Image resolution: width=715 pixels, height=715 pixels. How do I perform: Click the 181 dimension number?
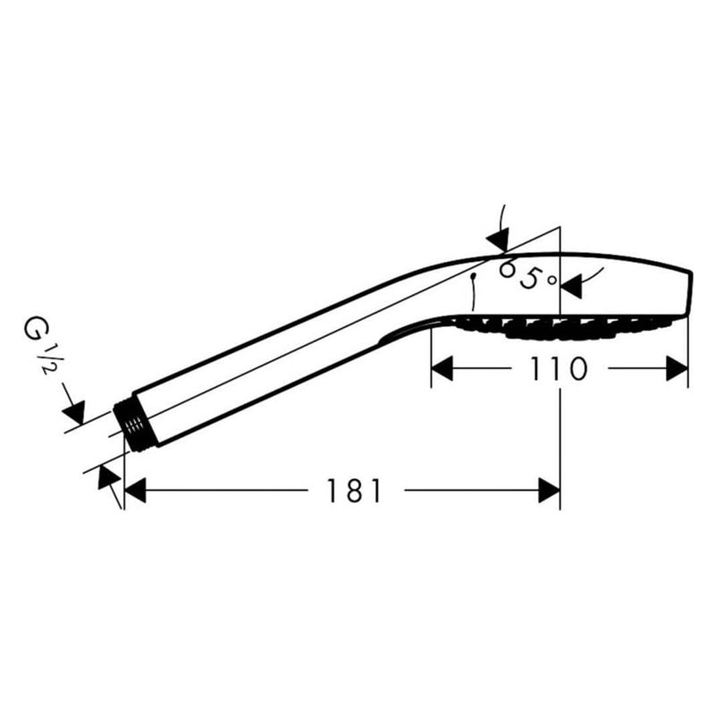point(354,491)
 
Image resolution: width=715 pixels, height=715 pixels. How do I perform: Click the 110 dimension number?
point(558,369)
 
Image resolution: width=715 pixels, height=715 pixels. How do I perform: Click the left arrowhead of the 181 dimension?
point(135,491)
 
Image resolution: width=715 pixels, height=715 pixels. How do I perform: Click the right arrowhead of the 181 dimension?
point(549,491)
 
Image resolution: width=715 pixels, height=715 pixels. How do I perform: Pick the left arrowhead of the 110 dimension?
point(442,369)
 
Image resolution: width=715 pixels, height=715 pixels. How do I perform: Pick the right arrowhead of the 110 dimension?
point(677,369)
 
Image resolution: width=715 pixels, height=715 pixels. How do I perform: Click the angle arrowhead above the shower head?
point(498,240)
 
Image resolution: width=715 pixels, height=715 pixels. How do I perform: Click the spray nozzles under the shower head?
point(561,328)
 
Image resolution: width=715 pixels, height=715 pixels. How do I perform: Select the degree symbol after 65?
point(552,280)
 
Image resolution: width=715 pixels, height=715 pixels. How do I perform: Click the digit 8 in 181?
point(354,491)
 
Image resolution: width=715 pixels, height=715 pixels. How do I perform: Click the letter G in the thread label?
point(34,330)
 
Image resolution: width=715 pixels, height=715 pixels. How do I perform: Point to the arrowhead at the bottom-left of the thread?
point(108,477)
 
